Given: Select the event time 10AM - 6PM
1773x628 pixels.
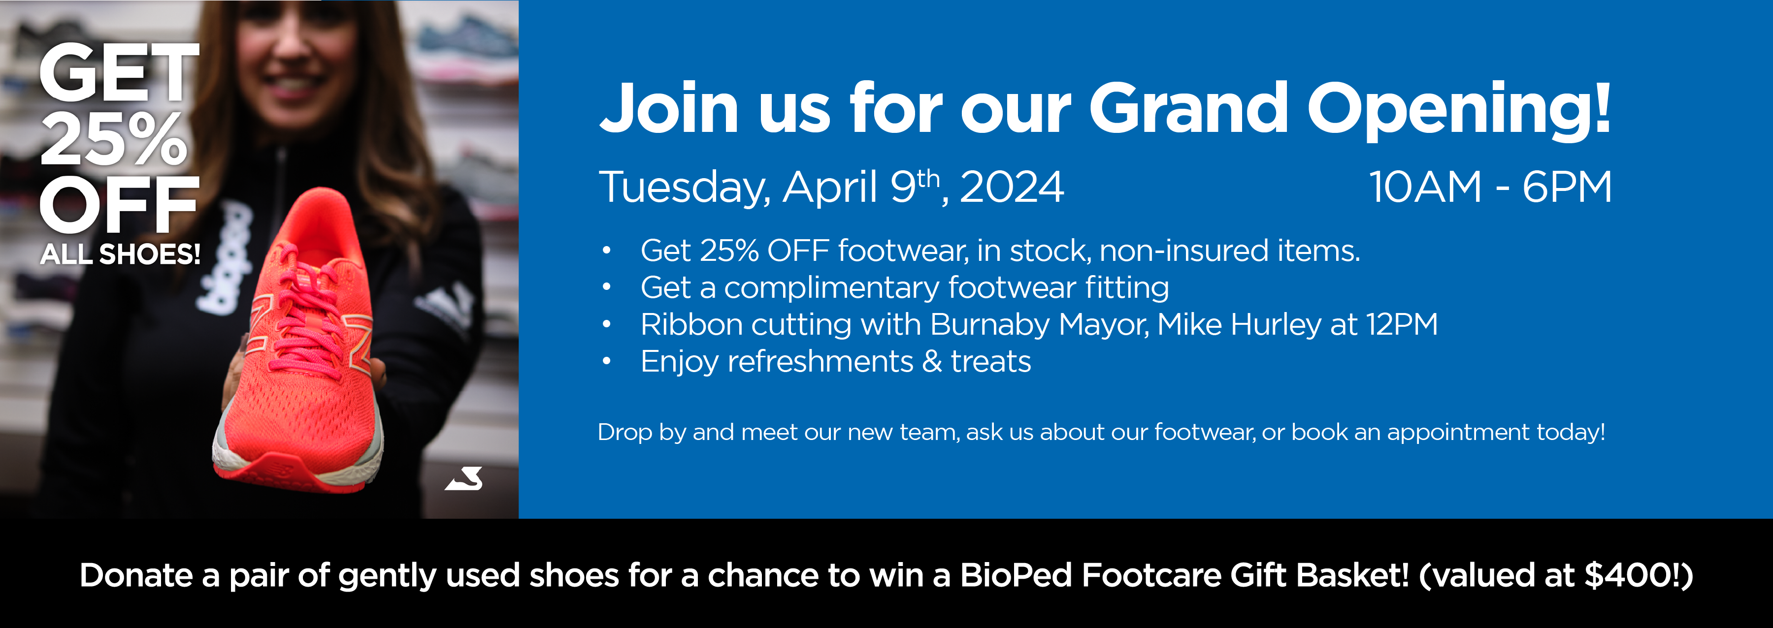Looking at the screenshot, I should coord(1490,187).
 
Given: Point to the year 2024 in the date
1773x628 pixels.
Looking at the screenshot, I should coord(1012,187).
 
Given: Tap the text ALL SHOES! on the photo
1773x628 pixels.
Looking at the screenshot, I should coord(121,254).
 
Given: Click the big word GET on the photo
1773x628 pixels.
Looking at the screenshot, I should coord(118,72).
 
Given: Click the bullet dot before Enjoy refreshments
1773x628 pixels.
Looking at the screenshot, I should coord(606,361).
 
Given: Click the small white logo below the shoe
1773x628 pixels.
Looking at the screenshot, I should coord(464,479).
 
